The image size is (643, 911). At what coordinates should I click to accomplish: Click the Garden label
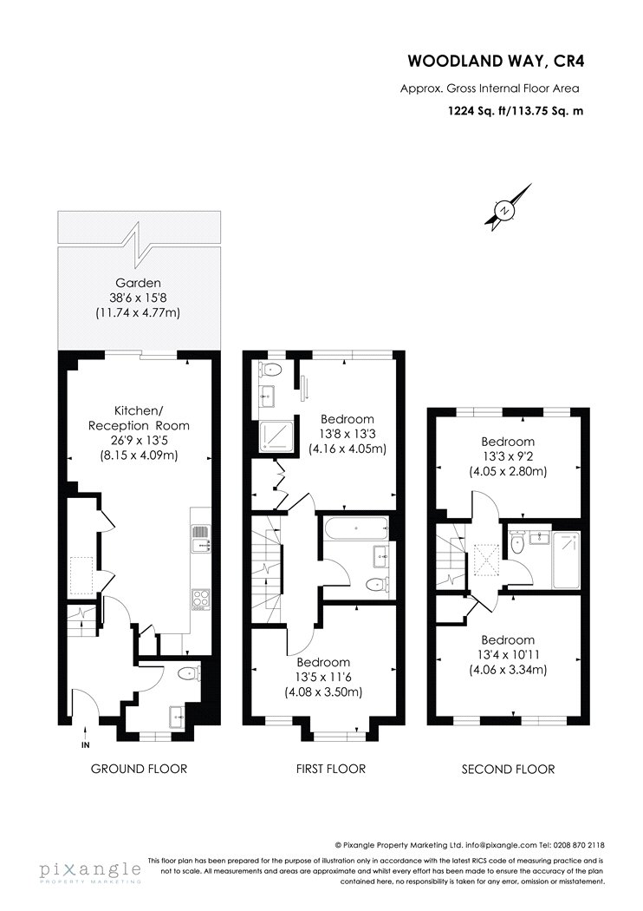pyautogui.click(x=138, y=283)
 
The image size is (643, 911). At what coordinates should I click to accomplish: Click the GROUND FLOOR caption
pyautogui.click(x=140, y=769)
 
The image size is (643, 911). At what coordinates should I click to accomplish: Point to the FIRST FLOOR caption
pyautogui.click(x=331, y=769)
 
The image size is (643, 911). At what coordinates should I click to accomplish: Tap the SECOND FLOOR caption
pyautogui.click(x=508, y=770)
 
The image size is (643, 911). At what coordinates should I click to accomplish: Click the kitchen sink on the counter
pyautogui.click(x=201, y=537)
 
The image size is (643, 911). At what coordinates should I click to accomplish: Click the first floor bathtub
pyautogui.click(x=354, y=528)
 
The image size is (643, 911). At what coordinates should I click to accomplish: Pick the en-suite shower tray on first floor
pyautogui.click(x=270, y=434)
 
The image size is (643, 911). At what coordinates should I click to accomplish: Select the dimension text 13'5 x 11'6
pyautogui.click(x=323, y=678)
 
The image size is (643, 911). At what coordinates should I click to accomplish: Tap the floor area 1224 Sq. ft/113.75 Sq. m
pyautogui.click(x=516, y=110)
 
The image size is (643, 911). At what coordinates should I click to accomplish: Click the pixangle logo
pyautogui.click(x=90, y=872)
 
